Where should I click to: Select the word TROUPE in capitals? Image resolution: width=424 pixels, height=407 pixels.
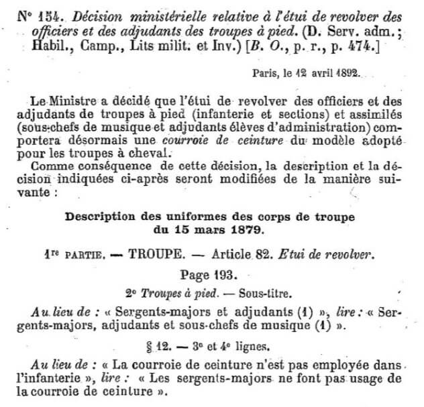point(157,255)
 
